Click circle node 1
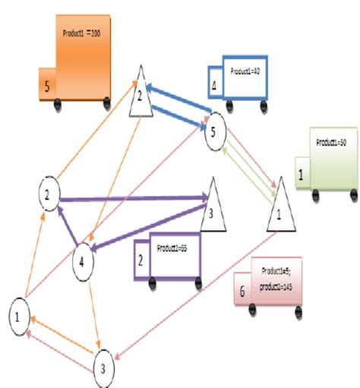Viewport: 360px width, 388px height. pyautogui.click(x=21, y=313)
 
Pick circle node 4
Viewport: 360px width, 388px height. pyautogui.click(x=84, y=263)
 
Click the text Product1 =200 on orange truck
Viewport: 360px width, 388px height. pyautogui.click(x=87, y=35)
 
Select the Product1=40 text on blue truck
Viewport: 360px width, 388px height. pyautogui.click(x=245, y=71)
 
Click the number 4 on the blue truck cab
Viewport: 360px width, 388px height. pyautogui.click(x=215, y=86)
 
